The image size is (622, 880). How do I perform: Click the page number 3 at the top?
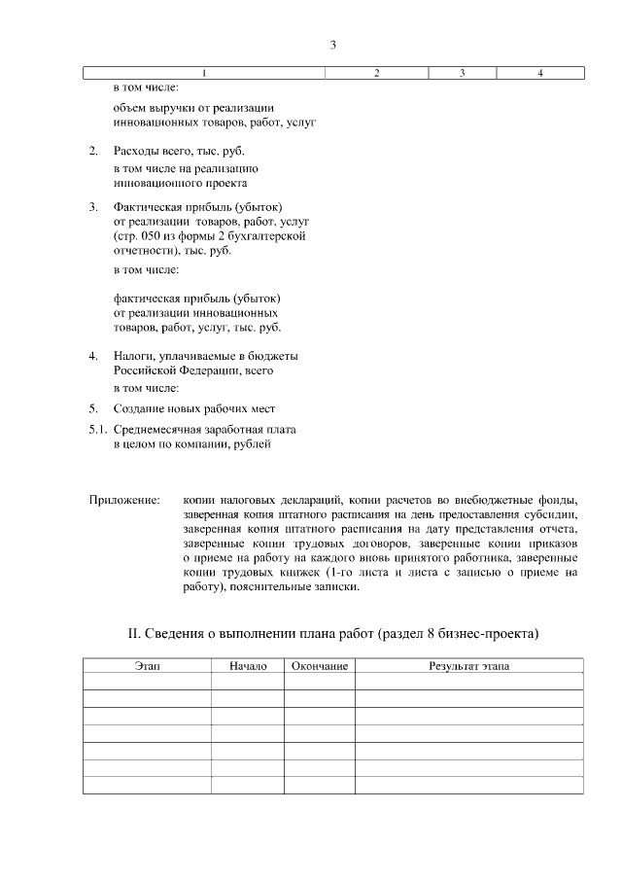tap(332, 45)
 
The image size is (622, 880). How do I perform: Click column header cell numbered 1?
tap(204, 74)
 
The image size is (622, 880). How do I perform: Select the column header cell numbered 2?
tap(377, 74)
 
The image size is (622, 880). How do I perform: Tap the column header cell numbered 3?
tap(462, 74)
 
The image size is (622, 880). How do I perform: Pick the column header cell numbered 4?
tap(539, 74)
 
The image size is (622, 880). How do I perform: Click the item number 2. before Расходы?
tap(93, 152)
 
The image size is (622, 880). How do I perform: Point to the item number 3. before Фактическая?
tap(93, 207)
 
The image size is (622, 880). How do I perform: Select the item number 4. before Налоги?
tap(93, 356)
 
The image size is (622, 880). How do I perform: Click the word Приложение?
tap(124, 500)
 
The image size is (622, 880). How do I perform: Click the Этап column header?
tap(147, 666)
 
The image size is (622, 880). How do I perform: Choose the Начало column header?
tap(248, 666)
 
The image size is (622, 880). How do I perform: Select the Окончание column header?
tap(320, 666)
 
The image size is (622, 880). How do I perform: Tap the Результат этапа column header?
tap(469, 666)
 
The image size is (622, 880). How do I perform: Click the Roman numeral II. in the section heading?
tap(135, 633)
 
